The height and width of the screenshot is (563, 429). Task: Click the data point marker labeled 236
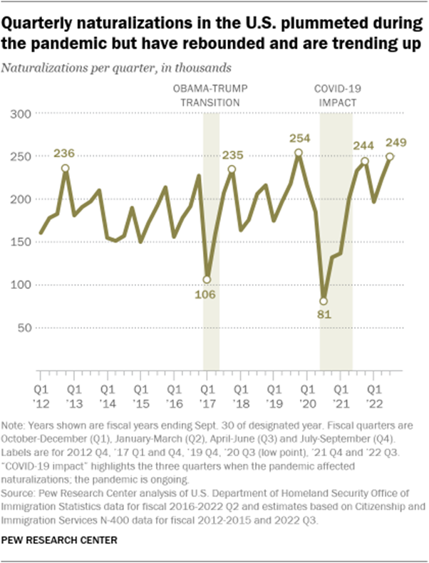tap(66, 169)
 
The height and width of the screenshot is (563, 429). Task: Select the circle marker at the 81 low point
tap(324, 301)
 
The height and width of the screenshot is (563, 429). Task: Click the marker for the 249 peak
tap(390, 157)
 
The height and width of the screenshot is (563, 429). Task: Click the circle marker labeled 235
tap(232, 169)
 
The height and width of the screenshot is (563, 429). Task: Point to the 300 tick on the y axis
tap(21, 113)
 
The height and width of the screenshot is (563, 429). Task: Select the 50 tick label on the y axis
tap(24, 327)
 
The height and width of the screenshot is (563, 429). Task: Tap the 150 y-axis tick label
tap(21, 242)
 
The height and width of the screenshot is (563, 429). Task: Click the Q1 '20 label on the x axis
tap(307, 396)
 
